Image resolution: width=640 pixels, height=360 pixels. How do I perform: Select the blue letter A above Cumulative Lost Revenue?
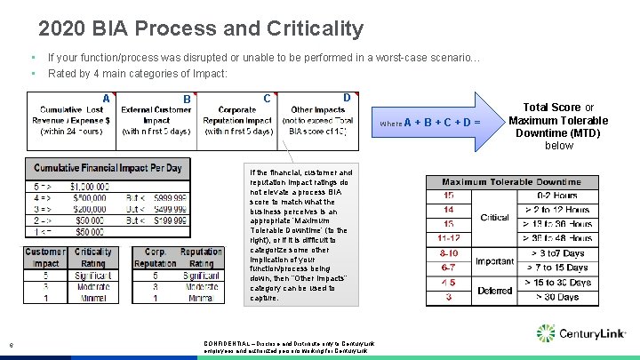(x=106, y=99)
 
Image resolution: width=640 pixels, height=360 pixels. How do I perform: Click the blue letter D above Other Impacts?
(x=347, y=97)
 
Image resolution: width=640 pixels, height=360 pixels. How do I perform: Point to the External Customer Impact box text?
(x=156, y=120)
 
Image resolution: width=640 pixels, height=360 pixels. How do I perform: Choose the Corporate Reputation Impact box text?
(x=238, y=120)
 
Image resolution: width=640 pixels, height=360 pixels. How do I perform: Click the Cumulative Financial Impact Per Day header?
(x=108, y=168)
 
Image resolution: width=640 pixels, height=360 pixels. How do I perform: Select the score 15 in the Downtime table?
(x=449, y=196)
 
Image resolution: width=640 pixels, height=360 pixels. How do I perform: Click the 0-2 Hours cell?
(x=557, y=196)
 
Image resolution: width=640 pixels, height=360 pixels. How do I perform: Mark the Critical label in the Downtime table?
(x=494, y=217)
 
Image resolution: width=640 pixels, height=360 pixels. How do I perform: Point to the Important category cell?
(x=494, y=261)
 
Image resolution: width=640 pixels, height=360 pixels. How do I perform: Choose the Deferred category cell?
(x=494, y=290)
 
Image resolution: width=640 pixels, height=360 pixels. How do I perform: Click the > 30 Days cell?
(x=557, y=297)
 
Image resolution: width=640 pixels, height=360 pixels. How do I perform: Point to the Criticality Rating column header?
(x=93, y=258)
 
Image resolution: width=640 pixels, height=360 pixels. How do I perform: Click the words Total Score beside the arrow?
(x=551, y=108)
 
